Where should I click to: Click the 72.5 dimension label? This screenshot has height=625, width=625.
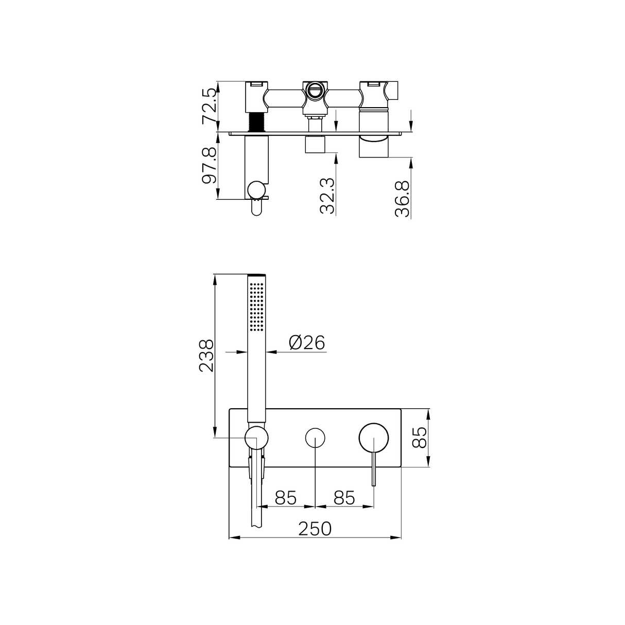[209, 106]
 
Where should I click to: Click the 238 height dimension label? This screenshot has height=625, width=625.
[206, 356]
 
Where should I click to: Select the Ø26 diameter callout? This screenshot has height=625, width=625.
[307, 342]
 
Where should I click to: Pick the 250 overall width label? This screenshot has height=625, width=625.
[315, 528]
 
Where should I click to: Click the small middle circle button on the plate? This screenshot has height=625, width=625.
[315, 438]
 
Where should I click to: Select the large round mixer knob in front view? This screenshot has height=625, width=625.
[374, 438]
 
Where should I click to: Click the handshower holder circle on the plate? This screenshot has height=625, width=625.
[256, 438]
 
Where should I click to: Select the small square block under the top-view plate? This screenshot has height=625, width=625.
[315, 145]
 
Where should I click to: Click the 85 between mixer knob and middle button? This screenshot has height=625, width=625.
[344, 498]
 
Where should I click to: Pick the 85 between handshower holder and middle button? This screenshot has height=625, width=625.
[286, 498]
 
